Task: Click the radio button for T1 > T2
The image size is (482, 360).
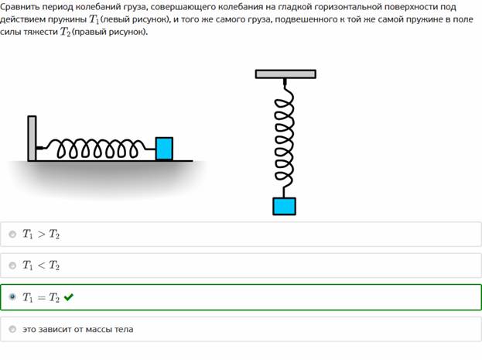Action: click(x=12, y=235)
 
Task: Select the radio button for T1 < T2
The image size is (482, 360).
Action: click(x=12, y=266)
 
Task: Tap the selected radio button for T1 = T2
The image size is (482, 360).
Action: click(x=12, y=297)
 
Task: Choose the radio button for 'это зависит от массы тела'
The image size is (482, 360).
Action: click(x=12, y=329)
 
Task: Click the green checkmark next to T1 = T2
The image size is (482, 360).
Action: click(x=69, y=297)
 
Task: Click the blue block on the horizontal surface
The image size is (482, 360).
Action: click(x=164, y=149)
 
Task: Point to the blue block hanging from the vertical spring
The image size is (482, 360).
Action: click(x=285, y=206)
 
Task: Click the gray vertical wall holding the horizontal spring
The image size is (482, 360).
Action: click(x=32, y=138)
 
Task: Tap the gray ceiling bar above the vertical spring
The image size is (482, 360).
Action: click(x=285, y=74)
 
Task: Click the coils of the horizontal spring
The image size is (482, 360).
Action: click(x=97, y=149)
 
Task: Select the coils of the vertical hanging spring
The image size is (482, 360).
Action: click(x=284, y=139)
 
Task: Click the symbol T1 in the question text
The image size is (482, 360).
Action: click(x=94, y=19)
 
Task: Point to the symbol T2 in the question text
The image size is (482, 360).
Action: click(x=65, y=32)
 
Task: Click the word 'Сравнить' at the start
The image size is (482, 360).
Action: click(x=20, y=7)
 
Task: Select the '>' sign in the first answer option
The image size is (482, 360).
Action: click(x=41, y=235)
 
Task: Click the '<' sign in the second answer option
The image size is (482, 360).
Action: click(x=41, y=266)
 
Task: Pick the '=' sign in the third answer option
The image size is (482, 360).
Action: click(x=41, y=297)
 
